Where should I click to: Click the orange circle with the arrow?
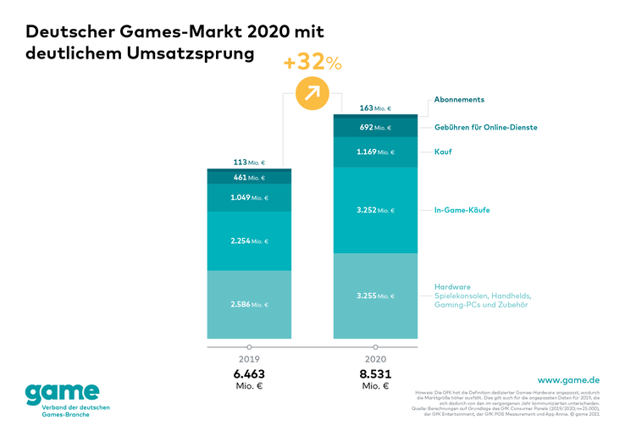312,91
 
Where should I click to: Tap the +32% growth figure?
312,62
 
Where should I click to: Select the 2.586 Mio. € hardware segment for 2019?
249,303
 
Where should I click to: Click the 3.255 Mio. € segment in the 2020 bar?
375,296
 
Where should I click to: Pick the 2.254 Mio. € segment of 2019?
249,241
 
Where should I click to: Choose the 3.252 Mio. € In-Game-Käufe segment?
375,209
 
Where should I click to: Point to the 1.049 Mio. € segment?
249,197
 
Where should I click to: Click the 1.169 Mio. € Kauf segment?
375,152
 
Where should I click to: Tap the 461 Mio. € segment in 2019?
249,178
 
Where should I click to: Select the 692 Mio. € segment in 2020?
375,127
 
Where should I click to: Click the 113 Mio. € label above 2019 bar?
249,162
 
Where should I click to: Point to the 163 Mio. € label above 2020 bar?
375,108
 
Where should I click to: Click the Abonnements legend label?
459,99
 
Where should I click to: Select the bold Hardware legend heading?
452,285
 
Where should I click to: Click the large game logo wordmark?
61,393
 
